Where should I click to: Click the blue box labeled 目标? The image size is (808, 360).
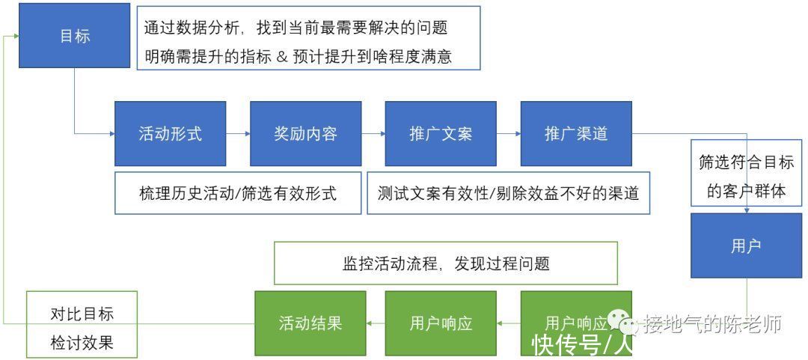tap(74, 35)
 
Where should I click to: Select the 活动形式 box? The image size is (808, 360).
tap(170, 133)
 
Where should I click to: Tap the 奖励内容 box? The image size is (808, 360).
tap(305, 133)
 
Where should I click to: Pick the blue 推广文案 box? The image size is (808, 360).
tap(441, 133)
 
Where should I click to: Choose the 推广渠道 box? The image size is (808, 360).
tap(576, 133)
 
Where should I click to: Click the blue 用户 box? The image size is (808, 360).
tap(746, 246)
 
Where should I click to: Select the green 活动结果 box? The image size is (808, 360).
tap(310, 323)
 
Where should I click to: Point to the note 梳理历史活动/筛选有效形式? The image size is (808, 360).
tap(238, 193)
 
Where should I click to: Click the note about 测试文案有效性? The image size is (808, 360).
tap(509, 193)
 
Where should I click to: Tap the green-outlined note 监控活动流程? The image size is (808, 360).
tap(446, 263)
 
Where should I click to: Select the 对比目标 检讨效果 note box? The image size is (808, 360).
tap(82, 323)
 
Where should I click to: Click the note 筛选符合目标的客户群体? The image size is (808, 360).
tap(746, 172)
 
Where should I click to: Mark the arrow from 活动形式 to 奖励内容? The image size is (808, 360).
tap(238, 133)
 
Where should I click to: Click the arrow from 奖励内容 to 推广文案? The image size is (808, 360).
tap(373, 133)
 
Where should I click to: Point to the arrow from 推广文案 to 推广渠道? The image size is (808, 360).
tap(509, 133)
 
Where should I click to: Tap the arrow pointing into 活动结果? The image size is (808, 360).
tap(376, 323)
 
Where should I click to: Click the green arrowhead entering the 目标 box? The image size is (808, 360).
tap(16, 36)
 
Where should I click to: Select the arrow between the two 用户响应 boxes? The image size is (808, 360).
tap(509, 323)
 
